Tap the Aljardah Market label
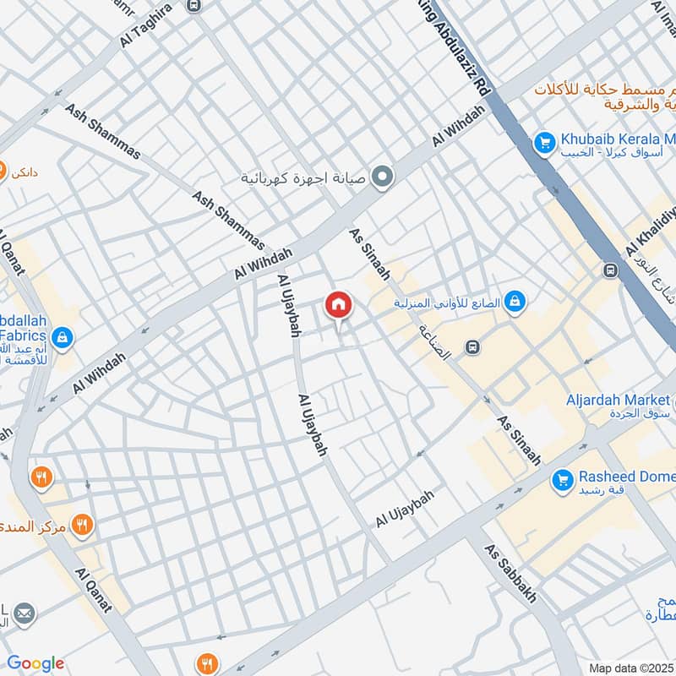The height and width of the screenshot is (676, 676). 620,399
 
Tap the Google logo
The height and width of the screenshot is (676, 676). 35,663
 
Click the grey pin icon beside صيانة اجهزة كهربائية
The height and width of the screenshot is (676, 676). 383,177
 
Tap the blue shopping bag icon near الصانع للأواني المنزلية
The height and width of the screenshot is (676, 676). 514,302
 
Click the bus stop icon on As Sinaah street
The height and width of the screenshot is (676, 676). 473,347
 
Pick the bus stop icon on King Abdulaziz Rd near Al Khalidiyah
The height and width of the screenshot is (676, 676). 609,270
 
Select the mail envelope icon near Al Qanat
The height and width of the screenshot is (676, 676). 24,613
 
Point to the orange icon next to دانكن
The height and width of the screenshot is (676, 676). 3,168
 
